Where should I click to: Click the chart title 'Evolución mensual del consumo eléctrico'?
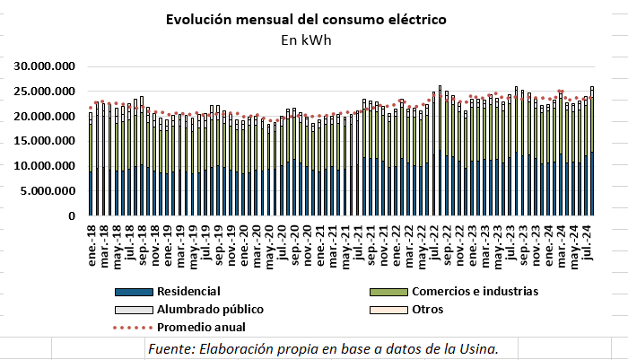305,19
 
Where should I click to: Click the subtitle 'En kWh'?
305,40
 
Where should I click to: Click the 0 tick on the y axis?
75,216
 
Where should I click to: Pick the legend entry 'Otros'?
427,309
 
